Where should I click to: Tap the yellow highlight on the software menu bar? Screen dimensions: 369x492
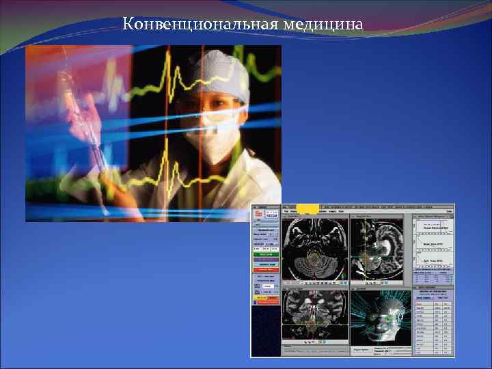pyautogui.click(x=307, y=207)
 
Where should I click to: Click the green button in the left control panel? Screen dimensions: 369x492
pyautogui.click(x=266, y=254)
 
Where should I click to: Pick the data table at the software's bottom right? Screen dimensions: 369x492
pyautogui.click(x=433, y=325)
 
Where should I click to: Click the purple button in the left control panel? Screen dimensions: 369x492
pyautogui.click(x=266, y=259)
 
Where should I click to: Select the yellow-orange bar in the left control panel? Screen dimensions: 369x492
pyautogui.click(x=266, y=298)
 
